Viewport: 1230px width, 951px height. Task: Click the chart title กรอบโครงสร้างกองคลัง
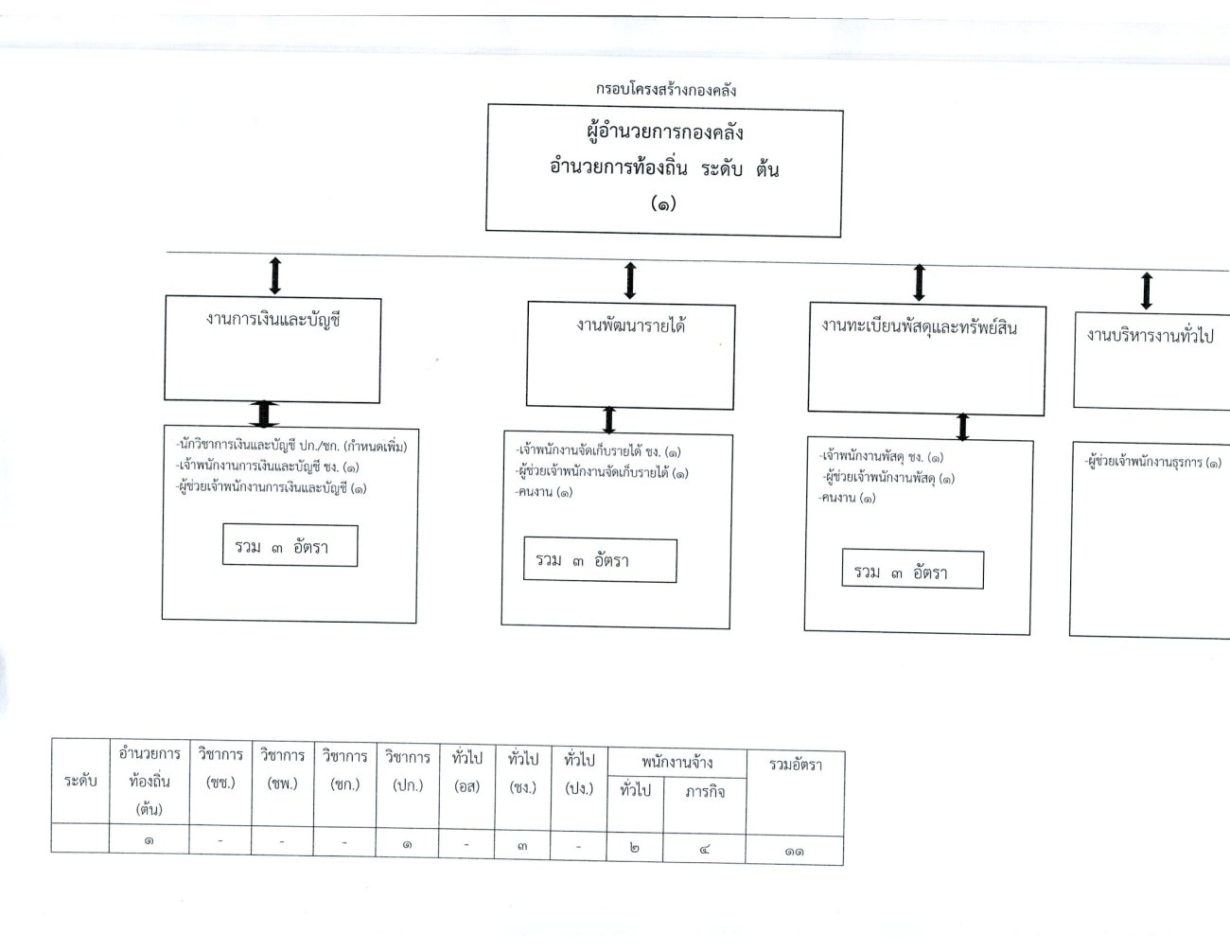point(666,90)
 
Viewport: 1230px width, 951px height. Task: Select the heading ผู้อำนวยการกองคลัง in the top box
point(664,132)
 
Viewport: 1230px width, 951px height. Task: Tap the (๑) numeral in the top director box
point(663,203)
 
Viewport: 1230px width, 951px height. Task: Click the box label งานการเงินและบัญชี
point(272,320)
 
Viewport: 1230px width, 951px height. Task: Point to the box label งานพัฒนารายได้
point(630,326)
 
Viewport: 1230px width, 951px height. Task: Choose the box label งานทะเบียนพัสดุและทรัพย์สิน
point(920,327)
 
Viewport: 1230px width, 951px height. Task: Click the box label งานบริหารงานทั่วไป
point(1150,336)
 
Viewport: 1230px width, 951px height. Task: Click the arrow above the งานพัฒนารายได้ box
point(630,280)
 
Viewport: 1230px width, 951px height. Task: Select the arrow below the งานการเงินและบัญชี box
point(264,414)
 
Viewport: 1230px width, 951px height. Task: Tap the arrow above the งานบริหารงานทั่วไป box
point(1147,291)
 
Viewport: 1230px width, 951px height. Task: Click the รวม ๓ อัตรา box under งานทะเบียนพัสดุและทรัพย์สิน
point(912,569)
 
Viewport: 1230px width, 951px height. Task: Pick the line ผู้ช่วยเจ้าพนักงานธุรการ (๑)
point(1152,462)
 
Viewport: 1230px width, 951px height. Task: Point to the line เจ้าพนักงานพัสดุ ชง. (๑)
point(881,456)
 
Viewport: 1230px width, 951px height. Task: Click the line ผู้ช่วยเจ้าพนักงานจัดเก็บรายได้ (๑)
point(602,472)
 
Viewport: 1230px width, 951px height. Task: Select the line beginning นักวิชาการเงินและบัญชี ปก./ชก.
point(291,446)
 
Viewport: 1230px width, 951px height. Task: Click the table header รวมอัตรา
point(796,766)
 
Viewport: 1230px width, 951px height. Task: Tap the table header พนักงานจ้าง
point(677,763)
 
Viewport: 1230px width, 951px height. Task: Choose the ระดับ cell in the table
point(80,781)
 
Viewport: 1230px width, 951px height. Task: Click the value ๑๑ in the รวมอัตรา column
point(794,852)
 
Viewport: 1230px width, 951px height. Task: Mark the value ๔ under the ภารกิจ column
point(704,849)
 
